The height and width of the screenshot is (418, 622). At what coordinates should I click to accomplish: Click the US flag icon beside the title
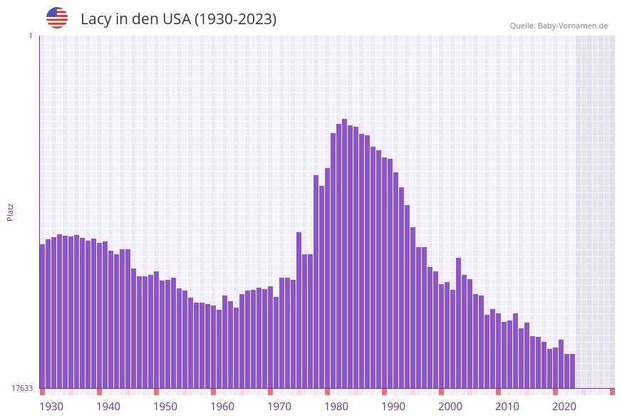coord(57,18)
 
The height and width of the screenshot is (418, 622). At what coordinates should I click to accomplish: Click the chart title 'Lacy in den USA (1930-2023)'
coord(178,19)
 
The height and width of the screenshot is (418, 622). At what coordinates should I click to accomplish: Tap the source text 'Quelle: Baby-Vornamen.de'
coord(559,26)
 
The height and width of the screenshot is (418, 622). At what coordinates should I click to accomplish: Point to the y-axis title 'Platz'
coord(11,211)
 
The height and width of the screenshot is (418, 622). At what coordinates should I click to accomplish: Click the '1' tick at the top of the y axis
coord(31,36)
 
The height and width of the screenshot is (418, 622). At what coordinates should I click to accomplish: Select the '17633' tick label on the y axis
coord(22,388)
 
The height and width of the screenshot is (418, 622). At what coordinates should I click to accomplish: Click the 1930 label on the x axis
coord(51,407)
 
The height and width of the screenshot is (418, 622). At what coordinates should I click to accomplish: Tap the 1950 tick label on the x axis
coord(165,407)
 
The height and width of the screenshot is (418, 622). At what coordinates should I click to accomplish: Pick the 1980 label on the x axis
coord(336,407)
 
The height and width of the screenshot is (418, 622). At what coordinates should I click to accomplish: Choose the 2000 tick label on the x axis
coord(450,407)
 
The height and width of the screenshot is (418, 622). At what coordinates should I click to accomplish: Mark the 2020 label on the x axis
coord(564,407)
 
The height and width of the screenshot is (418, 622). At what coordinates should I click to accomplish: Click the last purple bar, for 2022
coord(572,371)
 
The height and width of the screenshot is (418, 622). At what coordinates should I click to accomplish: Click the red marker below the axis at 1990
coord(384,392)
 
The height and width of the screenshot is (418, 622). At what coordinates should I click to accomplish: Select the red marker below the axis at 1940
coord(99,392)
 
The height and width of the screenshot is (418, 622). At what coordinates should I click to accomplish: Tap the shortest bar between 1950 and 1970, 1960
coord(219,349)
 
